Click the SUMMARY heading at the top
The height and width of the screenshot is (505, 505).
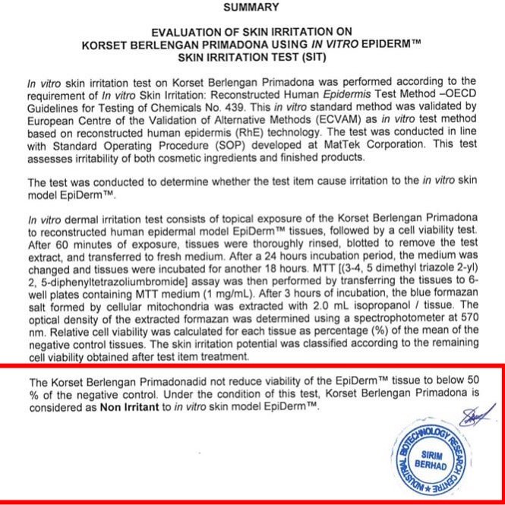251,8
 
